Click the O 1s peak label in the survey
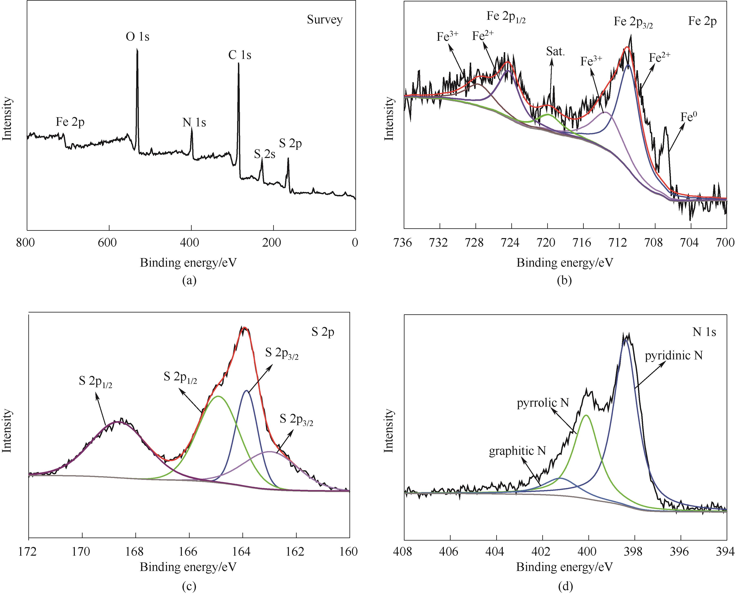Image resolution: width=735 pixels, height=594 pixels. [138, 37]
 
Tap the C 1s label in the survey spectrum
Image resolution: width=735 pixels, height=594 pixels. [240, 55]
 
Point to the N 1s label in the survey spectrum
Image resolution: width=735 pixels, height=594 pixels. [194, 123]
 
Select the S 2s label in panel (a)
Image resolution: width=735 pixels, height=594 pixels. [264, 154]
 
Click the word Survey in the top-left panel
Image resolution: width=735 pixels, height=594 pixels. [324, 20]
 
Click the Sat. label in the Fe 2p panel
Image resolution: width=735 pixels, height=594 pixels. [555, 52]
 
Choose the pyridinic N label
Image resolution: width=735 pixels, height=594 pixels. [673, 356]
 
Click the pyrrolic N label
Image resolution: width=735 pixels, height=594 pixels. [543, 403]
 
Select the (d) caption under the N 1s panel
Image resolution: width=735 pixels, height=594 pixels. [565, 587]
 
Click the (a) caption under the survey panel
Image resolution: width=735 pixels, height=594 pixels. [189, 280]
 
